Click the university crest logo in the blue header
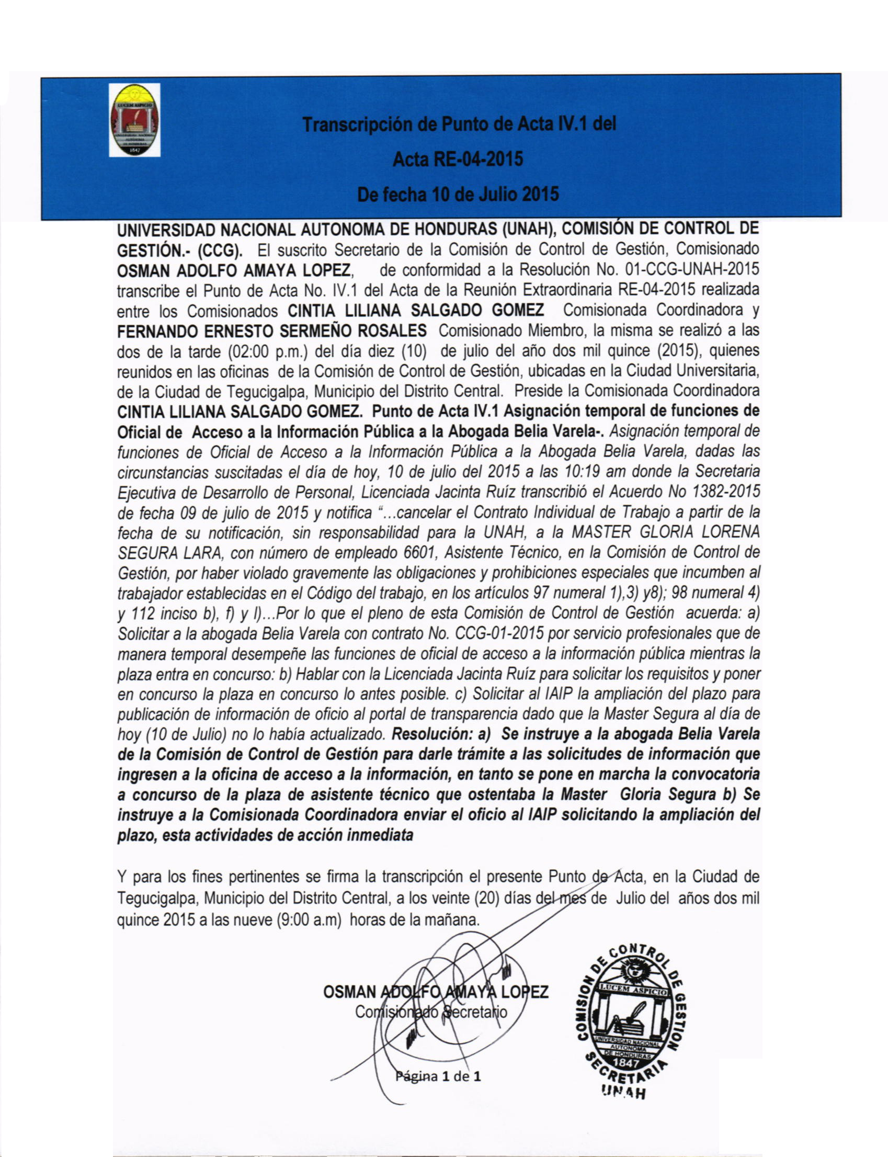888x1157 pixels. coord(134,120)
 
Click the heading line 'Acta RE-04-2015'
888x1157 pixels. coord(458,158)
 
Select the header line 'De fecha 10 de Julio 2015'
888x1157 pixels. coord(458,195)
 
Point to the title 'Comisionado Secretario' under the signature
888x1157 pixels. coord(431,1012)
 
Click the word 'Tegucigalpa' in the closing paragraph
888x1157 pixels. coord(157,898)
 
